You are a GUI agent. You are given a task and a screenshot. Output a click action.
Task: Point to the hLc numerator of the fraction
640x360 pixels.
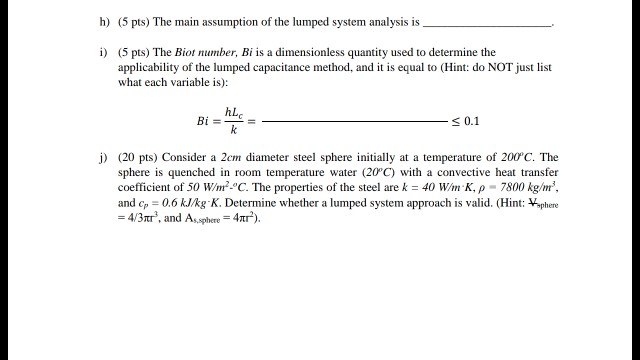coord(234,112)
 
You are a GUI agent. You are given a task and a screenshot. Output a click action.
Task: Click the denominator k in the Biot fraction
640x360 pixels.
coord(233,130)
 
